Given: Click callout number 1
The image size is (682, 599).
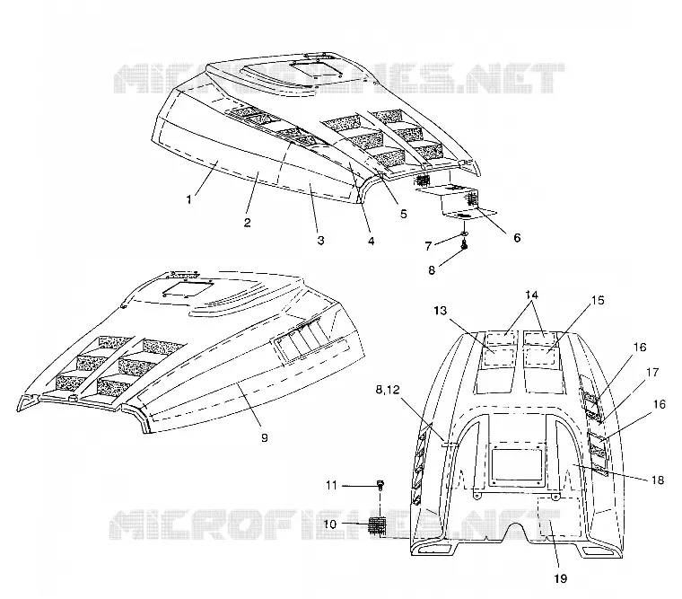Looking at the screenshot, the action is coord(188,199).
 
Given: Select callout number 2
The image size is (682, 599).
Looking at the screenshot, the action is coord(247,223).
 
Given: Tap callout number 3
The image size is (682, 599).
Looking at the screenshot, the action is coord(320,241).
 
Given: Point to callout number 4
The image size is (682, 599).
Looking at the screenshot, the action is coord(371,241).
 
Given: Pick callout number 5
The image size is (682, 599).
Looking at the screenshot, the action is coord(404,214).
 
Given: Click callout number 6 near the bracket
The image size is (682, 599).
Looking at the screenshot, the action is coord(517,238).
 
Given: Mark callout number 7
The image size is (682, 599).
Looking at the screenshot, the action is coord(428,246).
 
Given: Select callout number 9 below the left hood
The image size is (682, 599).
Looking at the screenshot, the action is coord(265,437).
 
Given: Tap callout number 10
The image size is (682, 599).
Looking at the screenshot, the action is coord(330,524).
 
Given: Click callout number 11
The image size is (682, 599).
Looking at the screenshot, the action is coord(331,485).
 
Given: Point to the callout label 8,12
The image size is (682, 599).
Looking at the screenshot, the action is coord(388,390).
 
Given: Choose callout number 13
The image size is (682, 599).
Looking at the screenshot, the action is coord(441,311).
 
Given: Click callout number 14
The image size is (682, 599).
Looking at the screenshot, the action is coord(531,295).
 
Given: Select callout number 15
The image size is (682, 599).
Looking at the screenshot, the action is coord(598,300).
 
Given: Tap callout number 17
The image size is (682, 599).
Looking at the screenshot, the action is coord(652,373).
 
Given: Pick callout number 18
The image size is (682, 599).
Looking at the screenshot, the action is coord(658,480).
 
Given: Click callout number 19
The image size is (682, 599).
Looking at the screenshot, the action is coord(561,578).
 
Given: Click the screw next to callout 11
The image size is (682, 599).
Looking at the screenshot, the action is coord(381,485).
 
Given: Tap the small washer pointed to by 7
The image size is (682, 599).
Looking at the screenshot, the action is coord(464,234).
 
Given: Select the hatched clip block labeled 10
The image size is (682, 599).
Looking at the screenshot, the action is coord(378,524).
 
